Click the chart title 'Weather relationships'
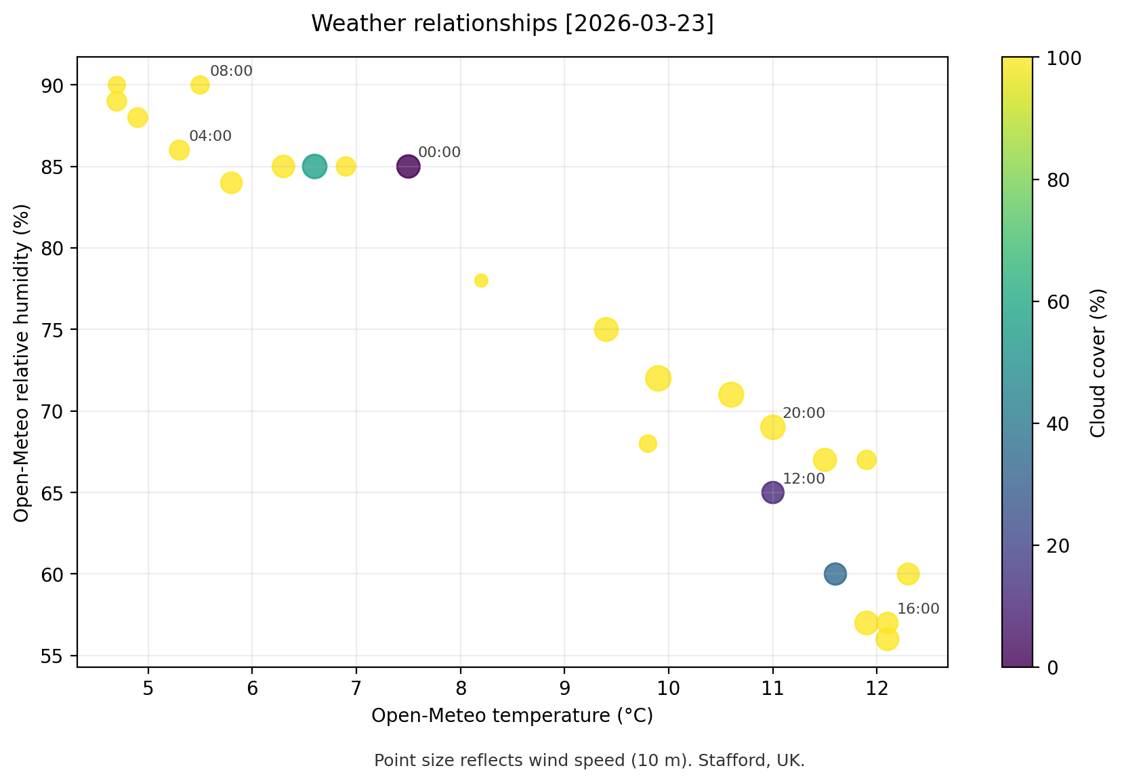(x=512, y=24)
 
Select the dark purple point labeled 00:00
(x=408, y=166)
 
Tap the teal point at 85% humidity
(x=314, y=166)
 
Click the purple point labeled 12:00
(x=772, y=492)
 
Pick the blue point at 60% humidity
(x=835, y=574)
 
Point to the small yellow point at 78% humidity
(x=481, y=280)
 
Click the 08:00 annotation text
(x=231, y=71)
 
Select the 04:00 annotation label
(x=210, y=136)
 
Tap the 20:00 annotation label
(x=804, y=413)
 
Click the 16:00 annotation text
(x=918, y=609)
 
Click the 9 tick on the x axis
(x=564, y=689)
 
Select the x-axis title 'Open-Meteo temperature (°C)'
(x=512, y=716)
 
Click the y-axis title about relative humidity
(x=22, y=362)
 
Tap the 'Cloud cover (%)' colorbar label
(x=1098, y=362)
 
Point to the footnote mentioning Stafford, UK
(x=589, y=761)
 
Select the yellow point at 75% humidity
(x=606, y=330)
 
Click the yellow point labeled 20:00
(x=772, y=427)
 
